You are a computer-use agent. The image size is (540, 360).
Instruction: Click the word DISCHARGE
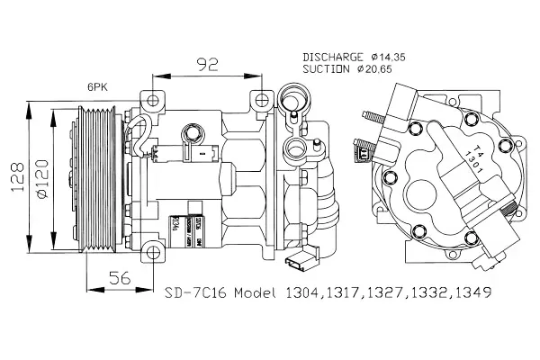pos(334,56)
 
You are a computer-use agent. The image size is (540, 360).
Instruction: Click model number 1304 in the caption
pos(304,293)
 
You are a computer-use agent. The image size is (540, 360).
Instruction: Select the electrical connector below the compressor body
pos(298,265)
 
